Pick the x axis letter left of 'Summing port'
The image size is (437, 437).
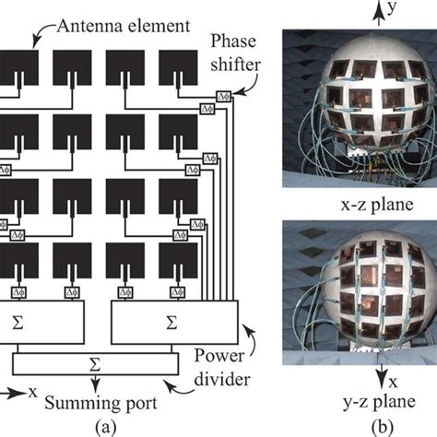point(33,392)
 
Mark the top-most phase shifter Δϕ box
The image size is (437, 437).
point(221,95)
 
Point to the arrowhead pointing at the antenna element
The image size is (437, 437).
point(37,40)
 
